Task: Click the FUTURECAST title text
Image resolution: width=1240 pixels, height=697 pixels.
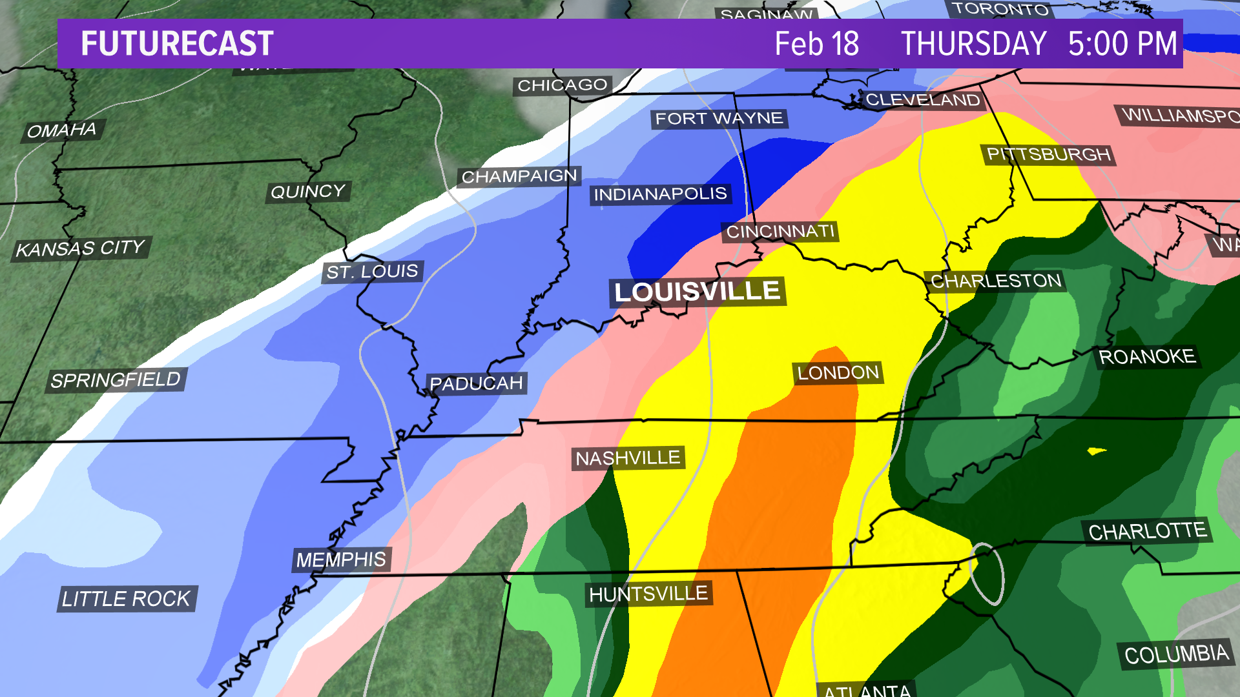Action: coord(177,44)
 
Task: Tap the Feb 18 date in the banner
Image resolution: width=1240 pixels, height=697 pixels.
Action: coord(816,44)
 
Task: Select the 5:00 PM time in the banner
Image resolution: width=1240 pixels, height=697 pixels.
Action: coord(1122,44)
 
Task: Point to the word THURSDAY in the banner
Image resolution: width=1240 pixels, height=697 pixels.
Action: coord(973,44)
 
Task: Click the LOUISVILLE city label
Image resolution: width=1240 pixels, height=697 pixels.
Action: coord(697,292)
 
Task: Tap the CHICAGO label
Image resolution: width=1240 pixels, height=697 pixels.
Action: coord(563,85)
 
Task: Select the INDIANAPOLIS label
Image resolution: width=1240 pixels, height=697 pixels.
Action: coord(660,194)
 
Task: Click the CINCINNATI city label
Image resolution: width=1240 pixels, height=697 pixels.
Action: coord(780,232)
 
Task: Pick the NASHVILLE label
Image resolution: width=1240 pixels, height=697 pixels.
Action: coord(628,458)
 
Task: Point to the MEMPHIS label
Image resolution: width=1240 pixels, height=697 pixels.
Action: coord(341,560)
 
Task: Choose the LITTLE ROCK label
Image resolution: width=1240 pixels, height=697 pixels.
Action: coord(127,599)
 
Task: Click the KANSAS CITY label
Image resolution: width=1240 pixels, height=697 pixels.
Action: coord(81,248)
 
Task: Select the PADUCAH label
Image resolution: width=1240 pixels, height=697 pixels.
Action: coord(476,383)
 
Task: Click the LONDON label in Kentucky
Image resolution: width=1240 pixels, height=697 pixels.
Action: coord(838,373)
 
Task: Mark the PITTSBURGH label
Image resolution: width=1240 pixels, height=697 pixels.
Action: coord(1049,155)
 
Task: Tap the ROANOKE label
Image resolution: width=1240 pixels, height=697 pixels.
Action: coord(1147,357)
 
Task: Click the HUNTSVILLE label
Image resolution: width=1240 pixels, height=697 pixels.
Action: coord(648,594)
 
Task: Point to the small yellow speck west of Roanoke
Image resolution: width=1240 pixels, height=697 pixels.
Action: coord(1097,450)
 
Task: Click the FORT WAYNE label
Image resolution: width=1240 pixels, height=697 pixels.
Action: coord(719,119)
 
